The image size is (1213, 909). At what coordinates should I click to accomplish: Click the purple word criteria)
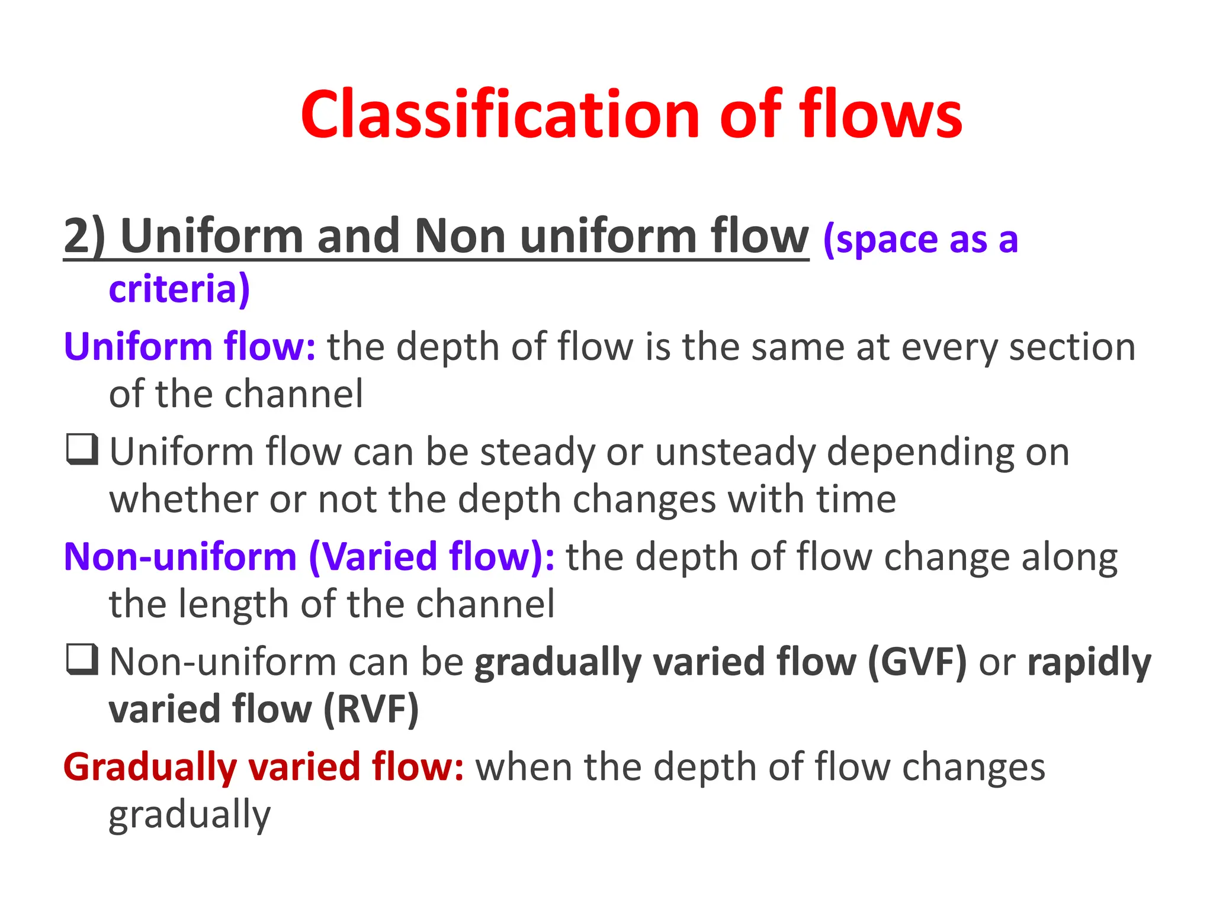[179, 289]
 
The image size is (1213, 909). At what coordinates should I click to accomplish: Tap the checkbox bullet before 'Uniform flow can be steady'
[82, 450]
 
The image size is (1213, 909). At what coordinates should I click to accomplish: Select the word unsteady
[735, 453]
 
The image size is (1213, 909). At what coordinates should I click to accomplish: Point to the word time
[856, 499]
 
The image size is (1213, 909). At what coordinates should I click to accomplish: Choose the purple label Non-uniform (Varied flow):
[309, 557]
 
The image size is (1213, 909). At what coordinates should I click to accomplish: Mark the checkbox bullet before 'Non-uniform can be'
[82, 660]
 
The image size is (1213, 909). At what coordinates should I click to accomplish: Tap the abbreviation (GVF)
[917, 662]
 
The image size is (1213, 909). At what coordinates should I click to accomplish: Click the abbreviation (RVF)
[371, 709]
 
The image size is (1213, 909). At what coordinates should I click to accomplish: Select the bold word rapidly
[1089, 663]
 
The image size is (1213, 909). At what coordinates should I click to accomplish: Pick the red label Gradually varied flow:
[264, 767]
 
